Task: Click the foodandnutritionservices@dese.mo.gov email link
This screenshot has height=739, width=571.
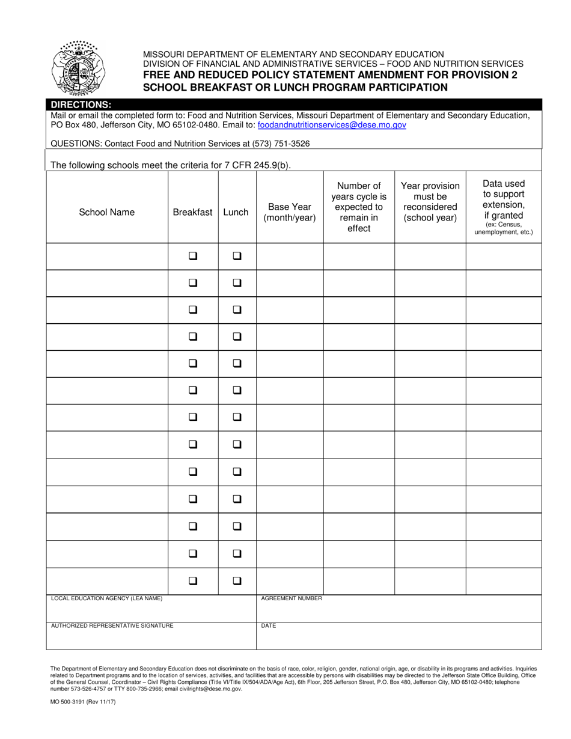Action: coord(332,126)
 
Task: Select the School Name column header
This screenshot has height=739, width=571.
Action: coord(107,212)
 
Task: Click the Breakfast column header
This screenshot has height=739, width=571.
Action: coord(192,212)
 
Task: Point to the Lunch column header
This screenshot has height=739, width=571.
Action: coord(236,212)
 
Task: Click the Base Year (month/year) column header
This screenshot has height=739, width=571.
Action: coord(290,212)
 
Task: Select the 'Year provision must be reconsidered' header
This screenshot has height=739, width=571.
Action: coord(430,202)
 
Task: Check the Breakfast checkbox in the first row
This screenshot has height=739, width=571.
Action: coord(193,255)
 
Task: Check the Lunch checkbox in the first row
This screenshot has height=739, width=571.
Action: coord(237,255)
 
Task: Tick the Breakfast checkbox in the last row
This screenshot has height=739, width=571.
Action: coord(193,581)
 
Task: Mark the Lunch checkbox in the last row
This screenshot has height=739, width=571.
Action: coord(237,581)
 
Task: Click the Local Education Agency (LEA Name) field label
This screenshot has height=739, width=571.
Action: coord(106,598)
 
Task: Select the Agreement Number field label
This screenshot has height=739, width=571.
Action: coord(292,598)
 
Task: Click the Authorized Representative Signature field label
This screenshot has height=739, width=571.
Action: coord(112,625)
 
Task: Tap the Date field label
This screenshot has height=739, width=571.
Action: coord(268,625)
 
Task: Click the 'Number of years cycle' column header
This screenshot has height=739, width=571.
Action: coord(359,207)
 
